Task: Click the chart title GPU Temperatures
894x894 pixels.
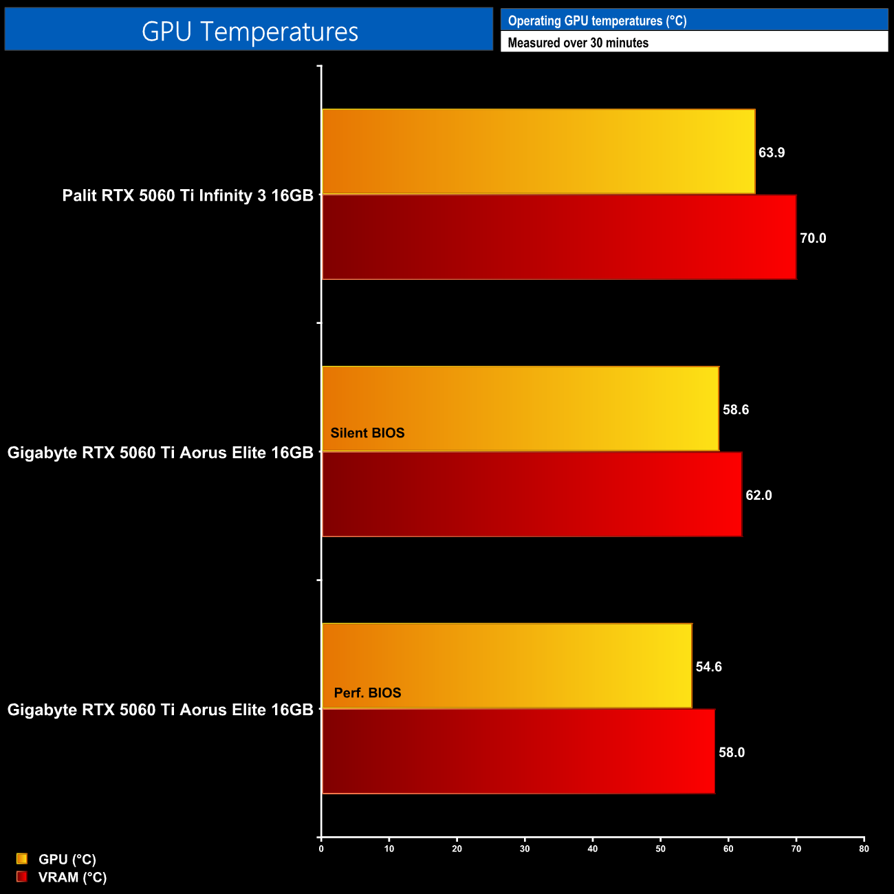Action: tap(250, 32)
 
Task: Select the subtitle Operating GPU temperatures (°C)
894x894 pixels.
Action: tap(597, 21)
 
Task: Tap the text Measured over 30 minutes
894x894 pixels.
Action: tap(578, 43)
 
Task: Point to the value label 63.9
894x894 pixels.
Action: tap(772, 153)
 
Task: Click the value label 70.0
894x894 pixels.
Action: tap(813, 239)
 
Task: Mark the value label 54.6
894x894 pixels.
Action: tap(708, 667)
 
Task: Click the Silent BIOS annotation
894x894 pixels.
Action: tap(367, 433)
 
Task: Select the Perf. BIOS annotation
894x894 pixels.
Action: tap(367, 693)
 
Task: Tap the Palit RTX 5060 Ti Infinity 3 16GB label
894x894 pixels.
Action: tap(188, 195)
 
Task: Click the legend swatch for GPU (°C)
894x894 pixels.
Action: tap(22, 858)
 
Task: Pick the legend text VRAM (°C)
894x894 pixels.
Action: tap(72, 877)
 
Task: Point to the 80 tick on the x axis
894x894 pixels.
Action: tap(864, 849)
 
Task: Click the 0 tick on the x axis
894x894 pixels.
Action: tap(321, 849)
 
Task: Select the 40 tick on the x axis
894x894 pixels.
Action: tap(593, 849)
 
